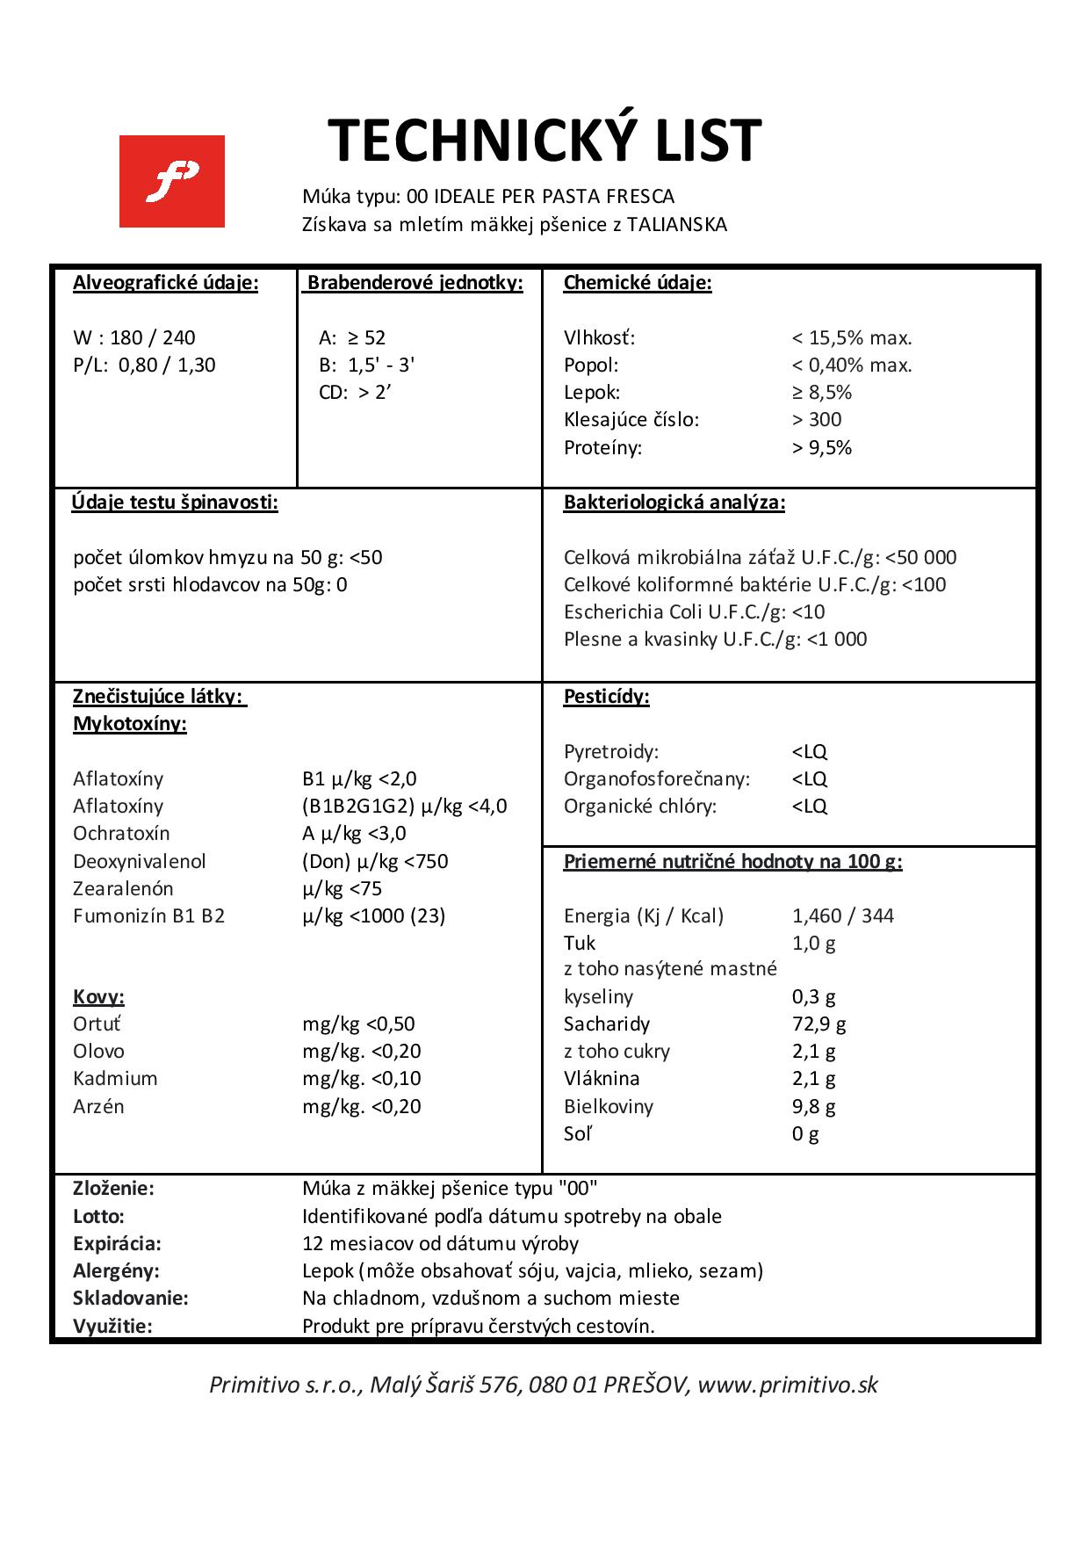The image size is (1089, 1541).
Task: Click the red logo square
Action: (171, 181)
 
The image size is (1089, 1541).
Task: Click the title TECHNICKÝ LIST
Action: (544, 141)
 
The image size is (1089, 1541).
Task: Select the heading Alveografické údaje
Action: (166, 283)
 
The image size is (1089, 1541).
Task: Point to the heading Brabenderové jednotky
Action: (415, 283)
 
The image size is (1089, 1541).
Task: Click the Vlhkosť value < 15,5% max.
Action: (852, 337)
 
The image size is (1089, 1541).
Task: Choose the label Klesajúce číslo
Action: (631, 419)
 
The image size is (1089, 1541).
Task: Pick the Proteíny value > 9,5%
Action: (821, 447)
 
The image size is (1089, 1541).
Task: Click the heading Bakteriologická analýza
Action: (674, 503)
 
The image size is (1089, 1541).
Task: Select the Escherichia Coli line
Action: (694, 611)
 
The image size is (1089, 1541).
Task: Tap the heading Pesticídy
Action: (606, 698)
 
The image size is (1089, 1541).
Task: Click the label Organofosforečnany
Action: (657, 778)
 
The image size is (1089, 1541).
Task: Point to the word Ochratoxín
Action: (121, 833)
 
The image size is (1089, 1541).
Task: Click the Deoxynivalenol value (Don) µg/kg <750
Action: (375, 861)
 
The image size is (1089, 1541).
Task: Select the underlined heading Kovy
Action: (98, 997)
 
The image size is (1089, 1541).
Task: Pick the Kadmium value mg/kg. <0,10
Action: (362, 1078)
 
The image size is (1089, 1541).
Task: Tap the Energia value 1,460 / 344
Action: (842, 915)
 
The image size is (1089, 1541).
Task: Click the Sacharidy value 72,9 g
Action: (819, 1024)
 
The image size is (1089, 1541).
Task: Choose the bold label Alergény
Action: (116, 1270)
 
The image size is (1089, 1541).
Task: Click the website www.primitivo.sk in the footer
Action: (789, 1385)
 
